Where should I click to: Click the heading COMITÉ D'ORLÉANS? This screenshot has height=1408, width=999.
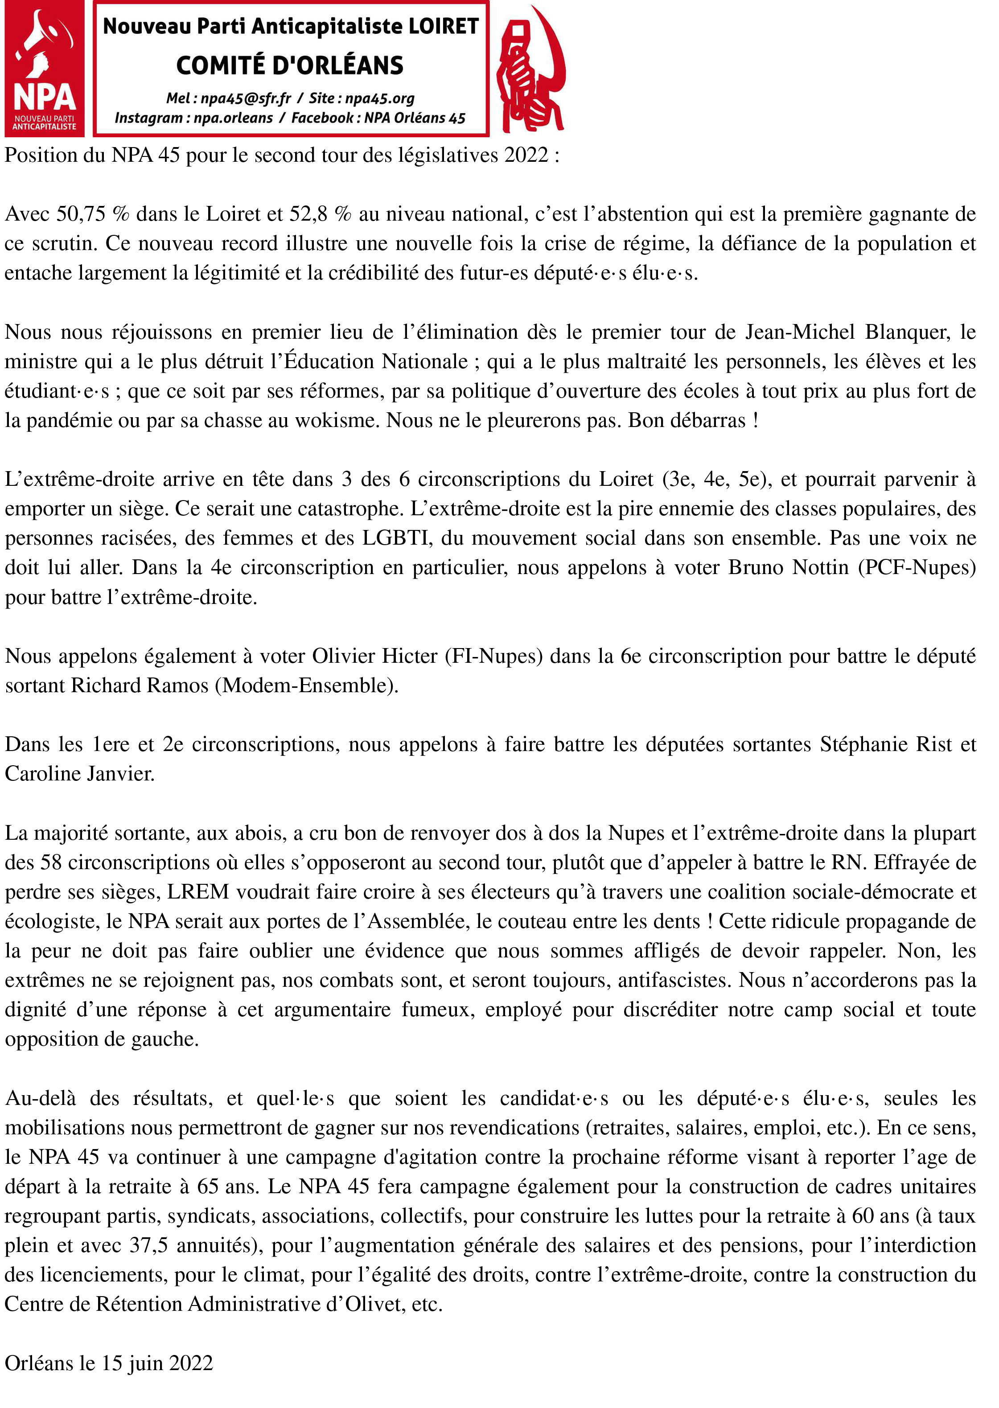click(x=290, y=65)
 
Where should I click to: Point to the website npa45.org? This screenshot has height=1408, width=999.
click(x=379, y=99)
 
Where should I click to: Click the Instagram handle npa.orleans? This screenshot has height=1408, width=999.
click(x=233, y=118)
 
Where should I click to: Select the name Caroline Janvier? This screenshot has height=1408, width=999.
click(x=79, y=774)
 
